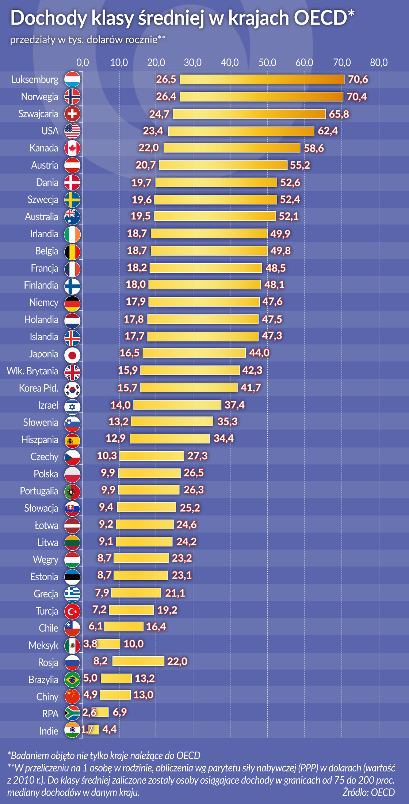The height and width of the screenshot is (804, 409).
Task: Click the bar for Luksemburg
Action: pyautogui.click(x=262, y=79)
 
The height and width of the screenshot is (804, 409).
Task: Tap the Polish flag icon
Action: pyautogui.click(x=72, y=474)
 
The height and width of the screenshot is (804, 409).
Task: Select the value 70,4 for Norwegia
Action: pyautogui.click(x=357, y=97)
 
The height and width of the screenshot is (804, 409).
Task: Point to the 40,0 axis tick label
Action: pyautogui.click(x=230, y=63)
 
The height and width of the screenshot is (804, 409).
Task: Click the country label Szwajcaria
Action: pyautogui.click(x=38, y=114)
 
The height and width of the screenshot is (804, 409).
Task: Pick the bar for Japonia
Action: pyautogui.click(x=194, y=353)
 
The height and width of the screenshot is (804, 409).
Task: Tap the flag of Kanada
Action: pyautogui.click(x=72, y=148)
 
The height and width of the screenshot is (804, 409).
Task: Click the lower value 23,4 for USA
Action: pyautogui.click(x=153, y=131)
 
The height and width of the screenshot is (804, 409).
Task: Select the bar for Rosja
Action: pyautogui.click(x=138, y=661)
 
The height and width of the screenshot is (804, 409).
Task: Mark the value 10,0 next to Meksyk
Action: pyautogui.click(x=134, y=644)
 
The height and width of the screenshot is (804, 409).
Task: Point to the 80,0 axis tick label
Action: pyautogui.click(x=379, y=63)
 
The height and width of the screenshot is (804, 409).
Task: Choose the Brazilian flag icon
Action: pyautogui.click(x=72, y=680)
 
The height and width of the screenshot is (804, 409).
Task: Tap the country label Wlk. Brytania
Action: pyautogui.click(x=33, y=371)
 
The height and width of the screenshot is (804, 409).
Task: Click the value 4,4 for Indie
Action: pyautogui.click(x=110, y=729)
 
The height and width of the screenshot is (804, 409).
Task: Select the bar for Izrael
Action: pyautogui.click(x=177, y=405)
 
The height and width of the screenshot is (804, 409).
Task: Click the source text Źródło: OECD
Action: pyautogui.click(x=368, y=792)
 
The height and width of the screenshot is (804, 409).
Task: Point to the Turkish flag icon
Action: pyautogui.click(x=72, y=611)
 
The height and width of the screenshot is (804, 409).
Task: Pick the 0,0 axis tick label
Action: pyautogui.click(x=83, y=63)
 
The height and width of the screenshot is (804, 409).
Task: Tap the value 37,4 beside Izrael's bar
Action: pyautogui.click(x=234, y=405)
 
